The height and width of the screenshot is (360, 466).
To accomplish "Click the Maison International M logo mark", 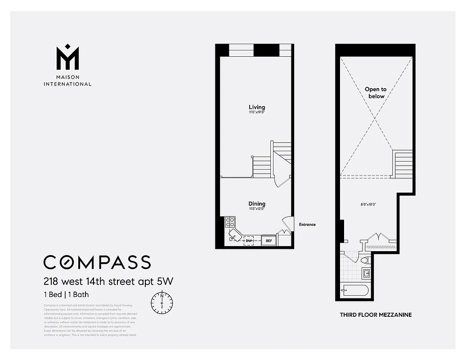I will point(67,57).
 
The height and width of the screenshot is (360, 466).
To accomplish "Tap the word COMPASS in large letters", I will point(97,262).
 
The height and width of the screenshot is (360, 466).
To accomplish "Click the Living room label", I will point(257,107).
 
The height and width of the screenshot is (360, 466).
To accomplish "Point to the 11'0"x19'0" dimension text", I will point(257,112).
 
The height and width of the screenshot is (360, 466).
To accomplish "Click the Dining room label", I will point(257,204).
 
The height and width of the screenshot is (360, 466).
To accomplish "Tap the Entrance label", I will point(307,225).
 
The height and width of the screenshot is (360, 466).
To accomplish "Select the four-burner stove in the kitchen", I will point(230,222).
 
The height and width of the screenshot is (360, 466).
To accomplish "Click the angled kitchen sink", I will point(235,236).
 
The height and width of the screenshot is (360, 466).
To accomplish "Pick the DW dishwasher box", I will point(248,241).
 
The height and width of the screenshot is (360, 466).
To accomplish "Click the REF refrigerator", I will point(269,241).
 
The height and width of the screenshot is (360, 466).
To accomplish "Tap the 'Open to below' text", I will point(376,93).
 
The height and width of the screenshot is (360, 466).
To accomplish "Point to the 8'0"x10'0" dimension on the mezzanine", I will point(368,204).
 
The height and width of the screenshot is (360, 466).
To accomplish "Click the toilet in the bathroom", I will point(365,260).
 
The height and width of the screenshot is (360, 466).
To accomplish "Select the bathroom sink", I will point(366,273).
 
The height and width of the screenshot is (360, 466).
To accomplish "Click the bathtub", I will point(355,290).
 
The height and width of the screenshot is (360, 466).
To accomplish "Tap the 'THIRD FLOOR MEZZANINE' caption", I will point(375,315).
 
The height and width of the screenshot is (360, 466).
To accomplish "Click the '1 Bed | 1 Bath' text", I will point(66,295).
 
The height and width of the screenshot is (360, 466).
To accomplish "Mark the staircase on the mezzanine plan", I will point(403,164).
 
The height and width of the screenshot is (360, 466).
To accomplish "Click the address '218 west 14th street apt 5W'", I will point(108,282).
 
